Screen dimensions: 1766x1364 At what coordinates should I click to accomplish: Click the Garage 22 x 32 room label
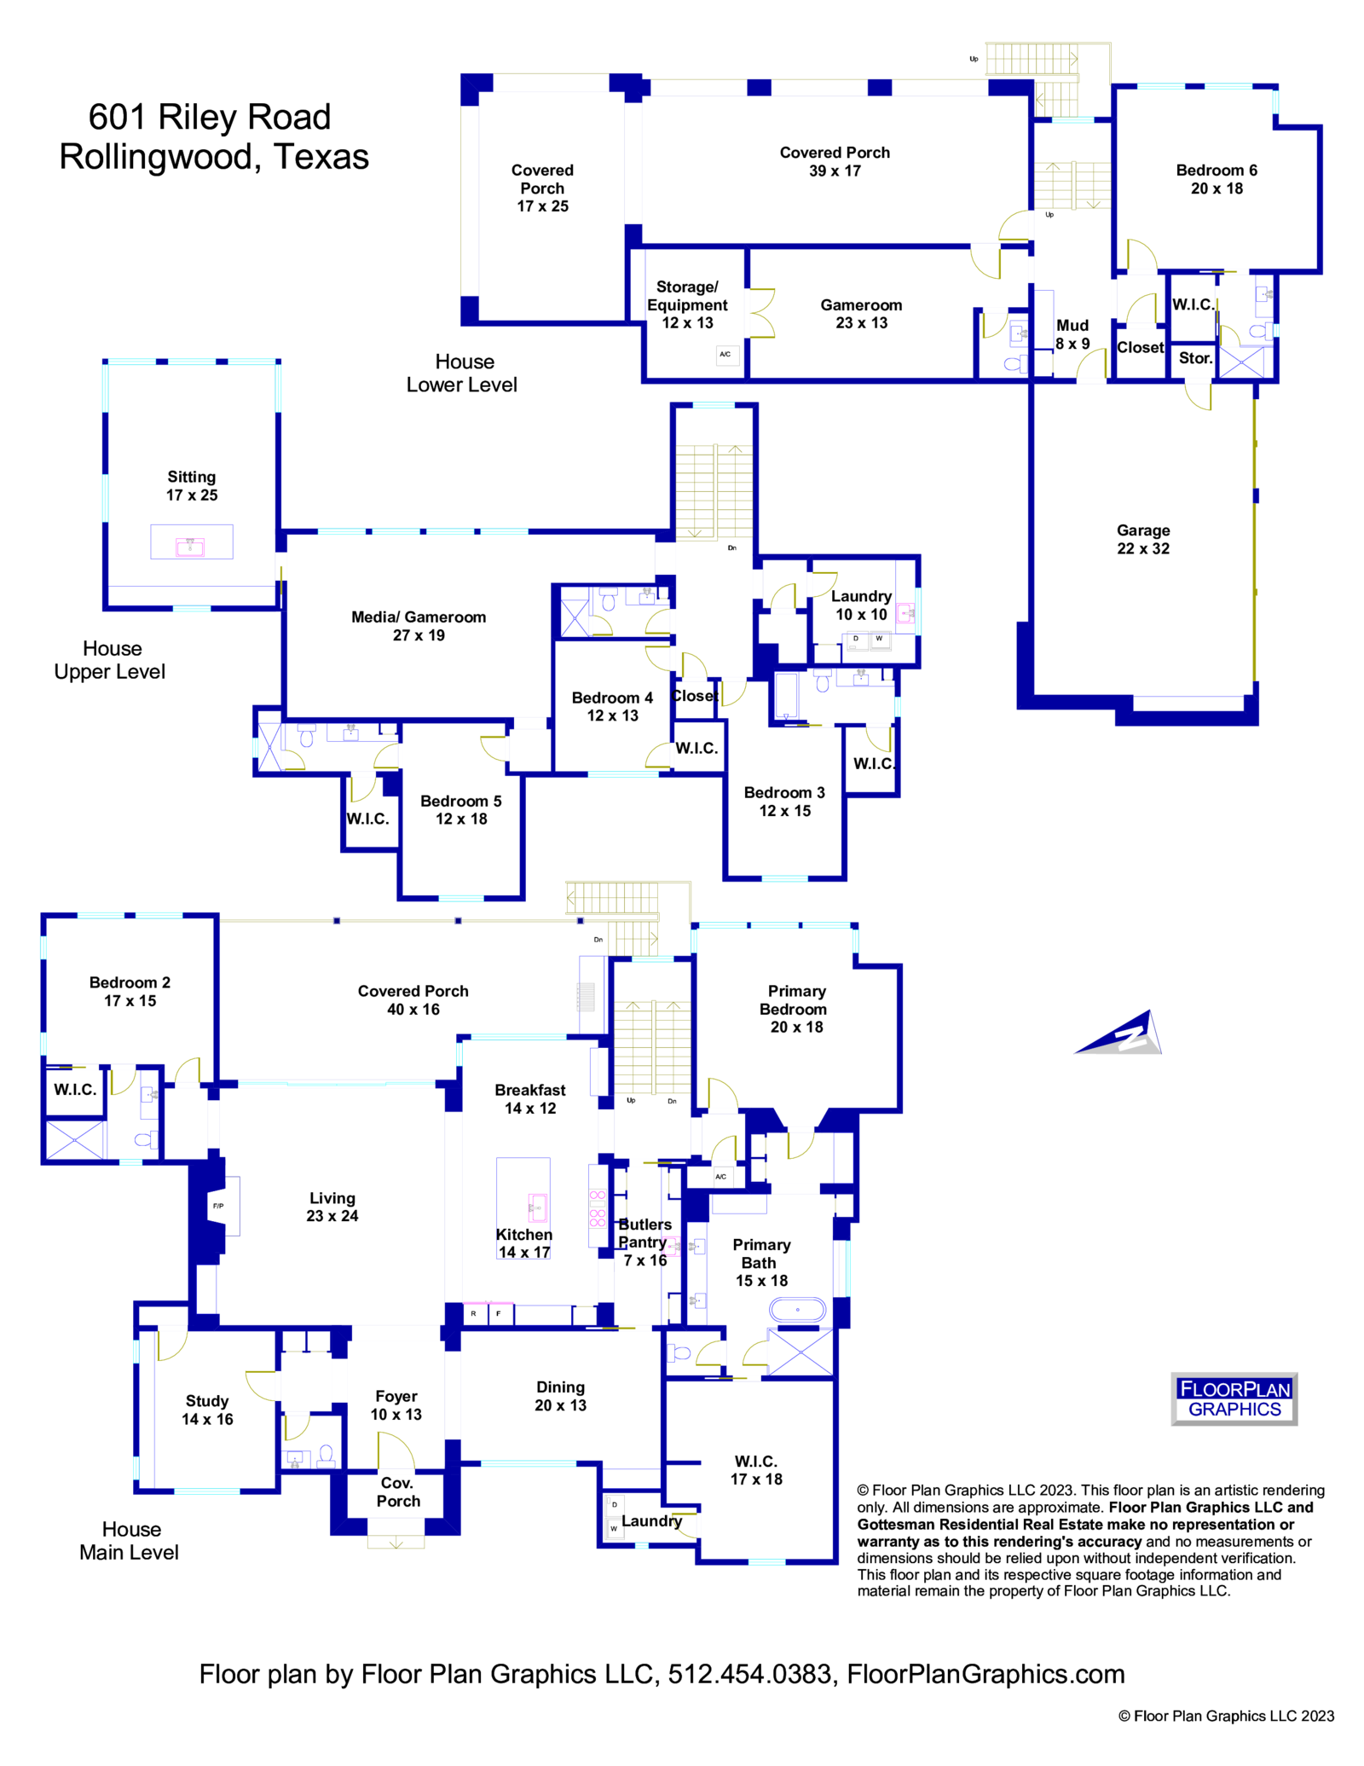(x=1142, y=539)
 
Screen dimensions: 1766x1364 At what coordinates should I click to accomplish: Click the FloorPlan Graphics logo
(x=1234, y=1398)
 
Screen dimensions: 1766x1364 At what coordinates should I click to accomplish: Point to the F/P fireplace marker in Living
(x=219, y=1206)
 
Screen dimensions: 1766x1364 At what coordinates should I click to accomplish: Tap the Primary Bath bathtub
(x=797, y=1309)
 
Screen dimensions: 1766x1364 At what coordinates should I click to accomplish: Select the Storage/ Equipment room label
(x=687, y=304)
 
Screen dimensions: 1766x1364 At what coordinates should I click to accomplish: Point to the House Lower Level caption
(x=462, y=373)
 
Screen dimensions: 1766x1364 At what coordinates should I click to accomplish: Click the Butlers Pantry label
(x=644, y=1234)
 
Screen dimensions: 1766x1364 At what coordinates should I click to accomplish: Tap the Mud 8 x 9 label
(x=1072, y=334)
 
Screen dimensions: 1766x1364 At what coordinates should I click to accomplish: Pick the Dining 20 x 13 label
(x=560, y=1396)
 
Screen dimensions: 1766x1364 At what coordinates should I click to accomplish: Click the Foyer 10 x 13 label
(x=396, y=1404)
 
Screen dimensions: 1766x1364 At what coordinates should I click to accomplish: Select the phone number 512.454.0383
(x=749, y=1674)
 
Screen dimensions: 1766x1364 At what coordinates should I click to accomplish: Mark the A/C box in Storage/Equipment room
(x=725, y=354)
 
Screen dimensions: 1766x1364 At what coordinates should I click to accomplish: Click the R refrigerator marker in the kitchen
(x=473, y=1313)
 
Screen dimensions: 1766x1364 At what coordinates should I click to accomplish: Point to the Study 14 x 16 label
(x=207, y=1410)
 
